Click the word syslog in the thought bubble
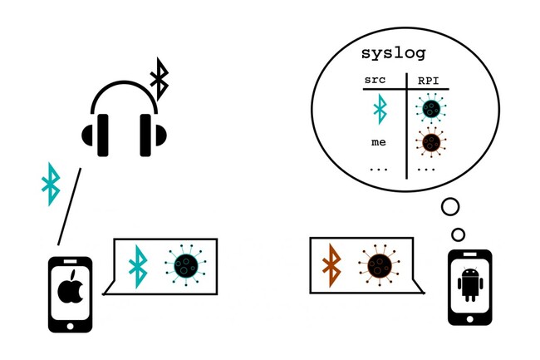(393, 54)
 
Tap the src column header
(375, 80)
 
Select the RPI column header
(429, 81)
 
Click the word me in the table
(379, 142)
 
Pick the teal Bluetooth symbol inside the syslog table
(380, 109)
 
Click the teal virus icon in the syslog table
(431, 108)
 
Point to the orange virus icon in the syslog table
(431, 142)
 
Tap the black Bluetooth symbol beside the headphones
(160, 79)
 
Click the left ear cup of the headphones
(96, 135)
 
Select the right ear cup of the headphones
(153, 135)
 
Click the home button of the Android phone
(469, 319)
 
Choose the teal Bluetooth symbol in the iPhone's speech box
(138, 266)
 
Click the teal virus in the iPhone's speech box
(185, 265)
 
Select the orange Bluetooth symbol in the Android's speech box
(331, 265)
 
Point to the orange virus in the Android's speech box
(379, 265)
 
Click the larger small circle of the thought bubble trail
(450, 207)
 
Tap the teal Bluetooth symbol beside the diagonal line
(51, 184)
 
